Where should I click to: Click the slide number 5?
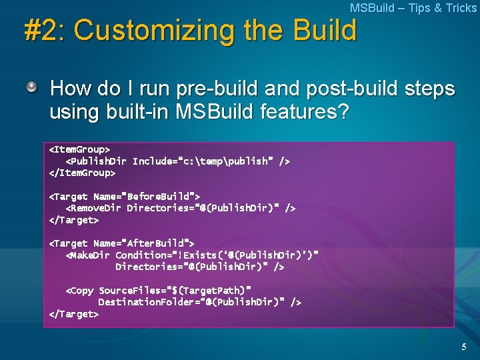click(x=464, y=347)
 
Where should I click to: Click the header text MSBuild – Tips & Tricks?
click(x=413, y=8)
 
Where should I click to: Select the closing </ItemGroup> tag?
click(x=83, y=173)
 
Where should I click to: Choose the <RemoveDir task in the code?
click(x=93, y=208)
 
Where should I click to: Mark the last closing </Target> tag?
click(x=74, y=314)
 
